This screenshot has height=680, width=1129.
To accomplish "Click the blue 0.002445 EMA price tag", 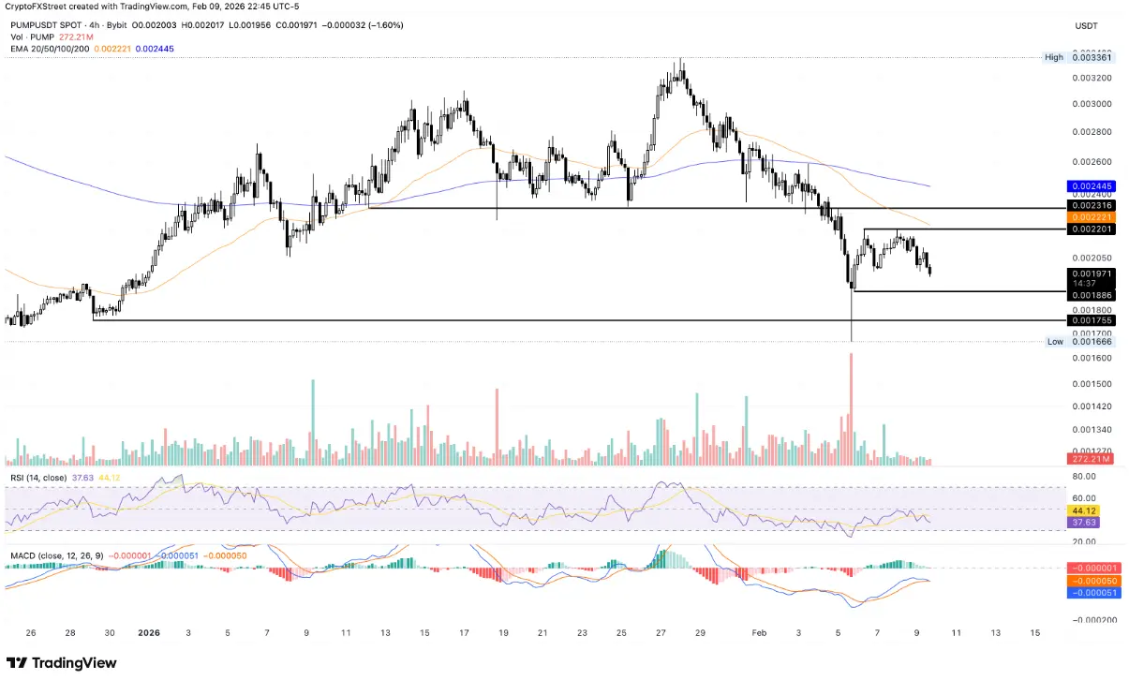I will pos(1092,186).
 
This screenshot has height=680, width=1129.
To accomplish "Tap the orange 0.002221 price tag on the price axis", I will pos(1092,216).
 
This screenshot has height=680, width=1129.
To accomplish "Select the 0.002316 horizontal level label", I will pos(1092,205).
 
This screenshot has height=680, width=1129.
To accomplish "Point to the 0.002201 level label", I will pos(1092,229).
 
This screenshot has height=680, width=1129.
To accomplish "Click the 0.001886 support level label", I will pos(1092,294).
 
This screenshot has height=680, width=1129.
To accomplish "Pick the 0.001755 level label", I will pos(1092,320).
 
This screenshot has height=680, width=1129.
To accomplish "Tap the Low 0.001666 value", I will pos(1092,342).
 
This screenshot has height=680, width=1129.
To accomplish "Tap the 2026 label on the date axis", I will pos(149,632).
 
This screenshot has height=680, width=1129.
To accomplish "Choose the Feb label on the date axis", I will pos(759,632).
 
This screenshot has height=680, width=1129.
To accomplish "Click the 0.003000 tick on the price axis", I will pos(1092,103).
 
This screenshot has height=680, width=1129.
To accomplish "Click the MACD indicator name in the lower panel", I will pos(24,556).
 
